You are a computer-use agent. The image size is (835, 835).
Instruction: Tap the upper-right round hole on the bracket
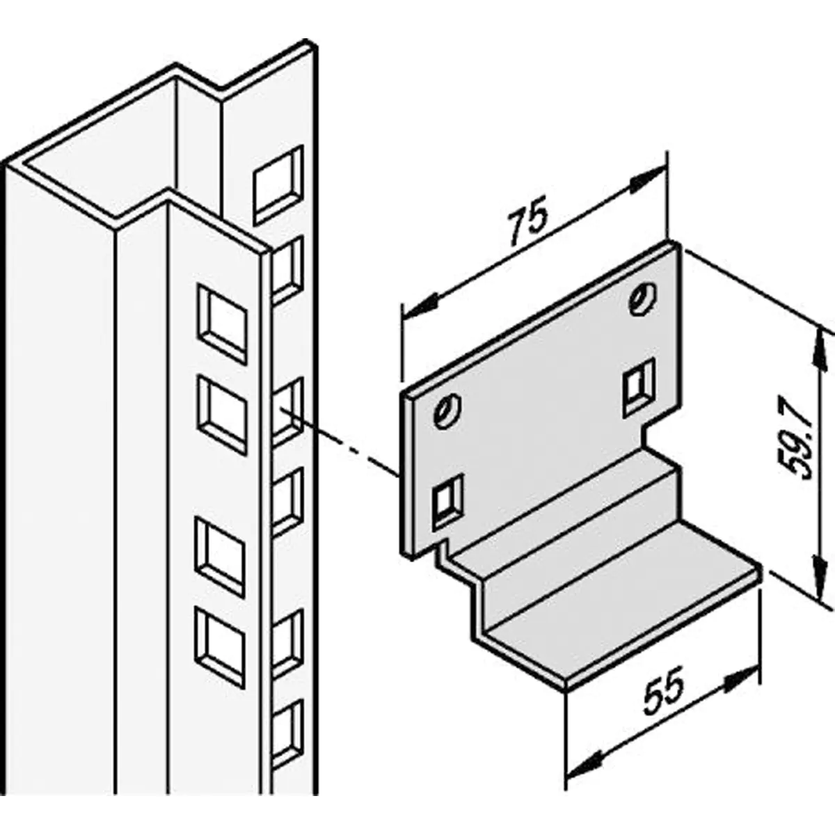click(640, 299)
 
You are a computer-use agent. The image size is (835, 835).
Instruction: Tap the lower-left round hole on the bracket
click(445, 411)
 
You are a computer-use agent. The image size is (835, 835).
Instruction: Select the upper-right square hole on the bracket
click(639, 382)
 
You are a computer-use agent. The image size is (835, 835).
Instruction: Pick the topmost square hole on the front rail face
click(223, 324)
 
